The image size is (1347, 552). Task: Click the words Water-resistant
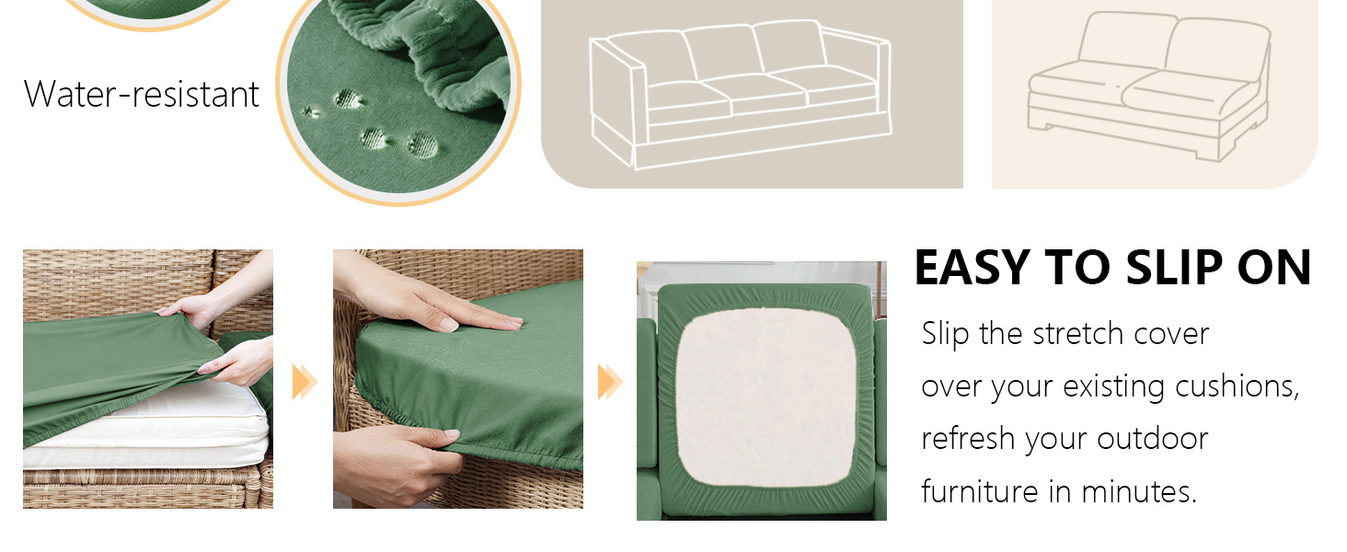coord(142,95)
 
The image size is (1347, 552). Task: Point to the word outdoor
coord(1153,438)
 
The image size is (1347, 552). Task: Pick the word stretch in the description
coord(1078,333)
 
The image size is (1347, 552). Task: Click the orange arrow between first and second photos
coord(305,381)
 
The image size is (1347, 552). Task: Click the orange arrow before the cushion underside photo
coord(610,381)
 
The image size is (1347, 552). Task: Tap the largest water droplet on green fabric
coord(422,145)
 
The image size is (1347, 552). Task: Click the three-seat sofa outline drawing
coord(741,95)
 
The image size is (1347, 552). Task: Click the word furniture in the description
coord(980,492)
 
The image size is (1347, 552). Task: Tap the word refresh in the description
coord(968,438)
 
